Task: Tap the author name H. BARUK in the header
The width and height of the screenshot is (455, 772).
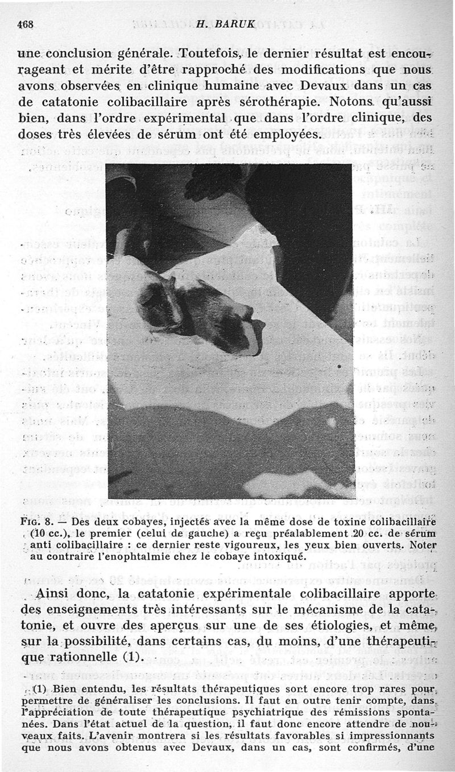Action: [x=216, y=24]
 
